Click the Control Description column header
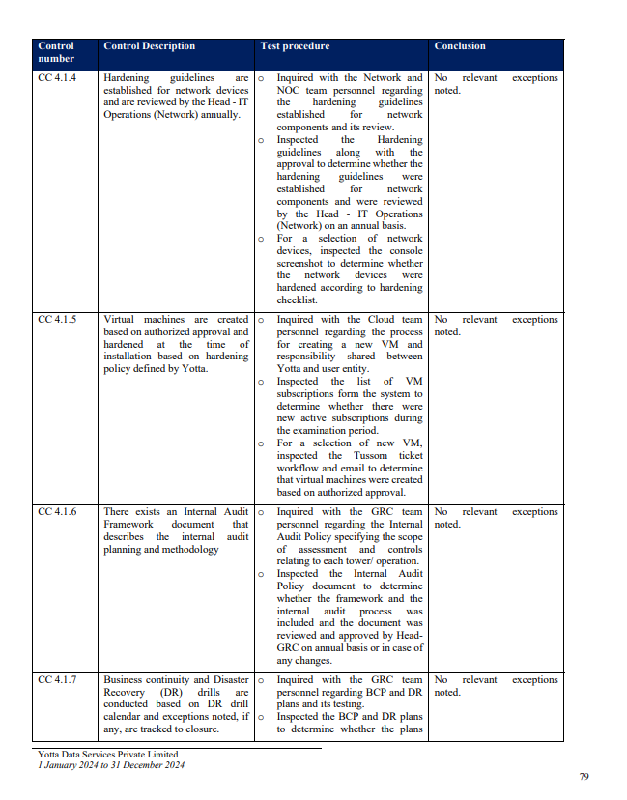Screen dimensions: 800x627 click(149, 46)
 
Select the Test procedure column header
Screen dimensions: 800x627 click(295, 46)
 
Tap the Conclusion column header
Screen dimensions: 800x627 click(460, 46)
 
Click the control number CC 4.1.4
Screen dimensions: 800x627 click(57, 78)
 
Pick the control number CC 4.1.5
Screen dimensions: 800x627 click(57, 320)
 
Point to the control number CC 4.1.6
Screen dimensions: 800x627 click(57, 512)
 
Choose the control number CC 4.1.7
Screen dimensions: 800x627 click(57, 680)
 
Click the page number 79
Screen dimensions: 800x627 click(584, 777)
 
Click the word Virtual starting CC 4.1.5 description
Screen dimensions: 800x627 click(120, 320)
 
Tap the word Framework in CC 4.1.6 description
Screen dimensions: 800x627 click(125, 525)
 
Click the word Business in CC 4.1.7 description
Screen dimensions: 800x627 click(124, 680)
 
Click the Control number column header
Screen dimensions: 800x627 click(56, 52)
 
